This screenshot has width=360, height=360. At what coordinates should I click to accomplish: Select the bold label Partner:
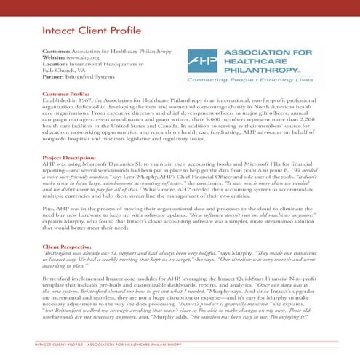tap(55, 76)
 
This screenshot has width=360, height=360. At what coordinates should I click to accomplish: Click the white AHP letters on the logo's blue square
tap(201, 62)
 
